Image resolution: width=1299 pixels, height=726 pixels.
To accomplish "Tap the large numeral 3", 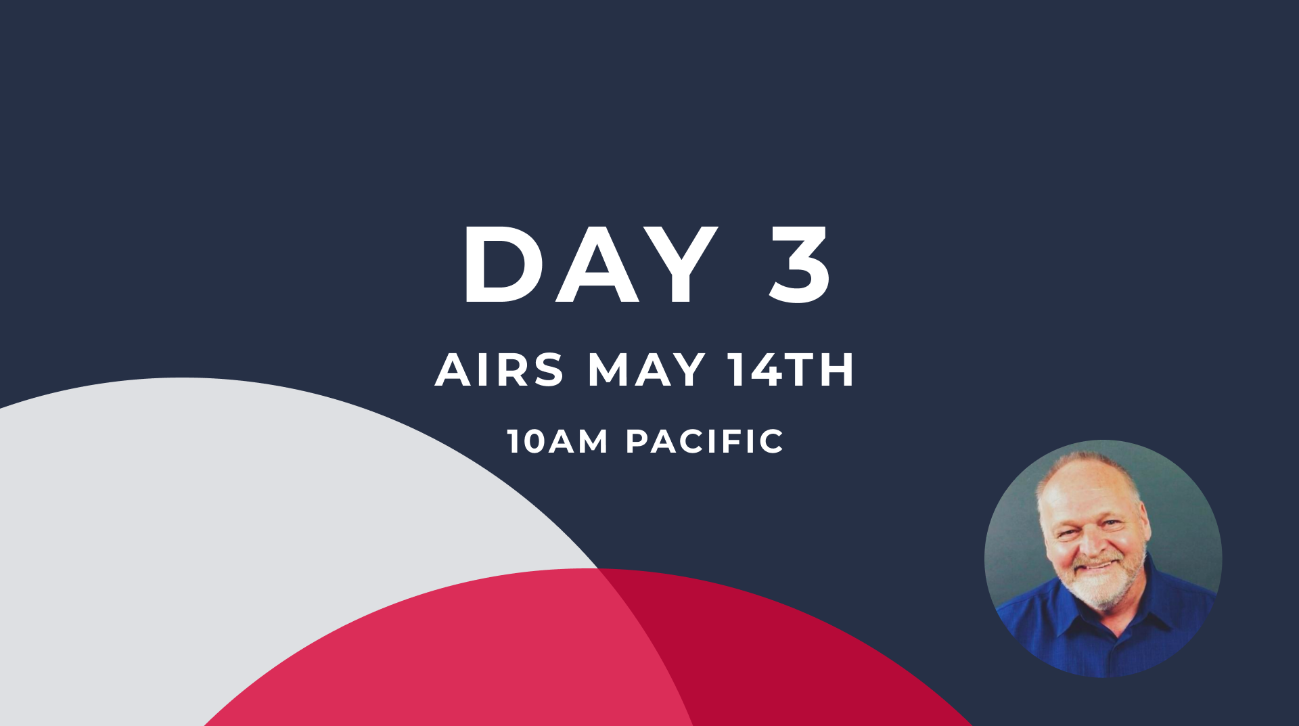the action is [x=800, y=264].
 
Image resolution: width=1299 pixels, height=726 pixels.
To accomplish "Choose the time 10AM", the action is [x=557, y=441].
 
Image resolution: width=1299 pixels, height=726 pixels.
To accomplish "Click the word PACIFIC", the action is [x=705, y=441].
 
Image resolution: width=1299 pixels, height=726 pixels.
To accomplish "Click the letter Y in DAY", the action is [x=678, y=264].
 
